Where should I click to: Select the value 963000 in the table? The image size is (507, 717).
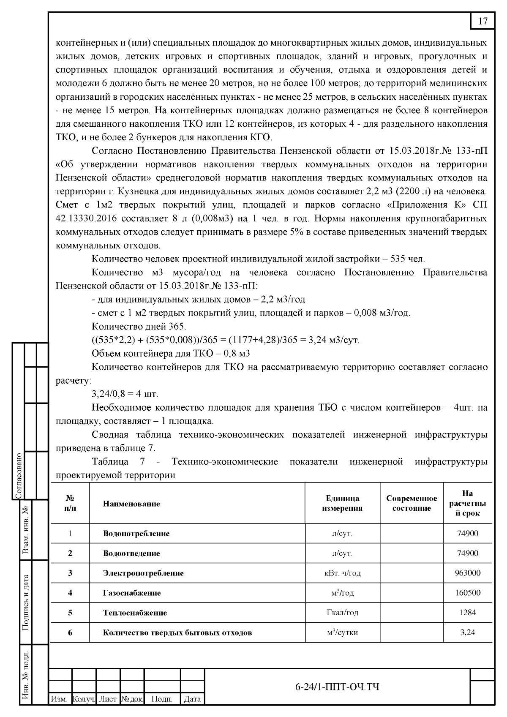(x=468, y=573)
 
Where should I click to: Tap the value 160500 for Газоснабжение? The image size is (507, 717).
(x=468, y=593)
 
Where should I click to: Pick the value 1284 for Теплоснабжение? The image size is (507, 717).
(x=468, y=613)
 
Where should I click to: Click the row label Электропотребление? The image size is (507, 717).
(x=143, y=573)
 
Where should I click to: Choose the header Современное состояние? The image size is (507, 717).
(x=412, y=503)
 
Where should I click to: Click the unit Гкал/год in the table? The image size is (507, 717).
(x=342, y=613)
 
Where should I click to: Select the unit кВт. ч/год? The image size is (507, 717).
(x=342, y=573)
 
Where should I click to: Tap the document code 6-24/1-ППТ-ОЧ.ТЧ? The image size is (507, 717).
(x=337, y=687)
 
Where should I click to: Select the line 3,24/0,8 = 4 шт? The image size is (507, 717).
(x=125, y=394)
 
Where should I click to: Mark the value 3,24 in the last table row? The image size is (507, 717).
(x=468, y=632)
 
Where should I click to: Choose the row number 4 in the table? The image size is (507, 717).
(x=70, y=593)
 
